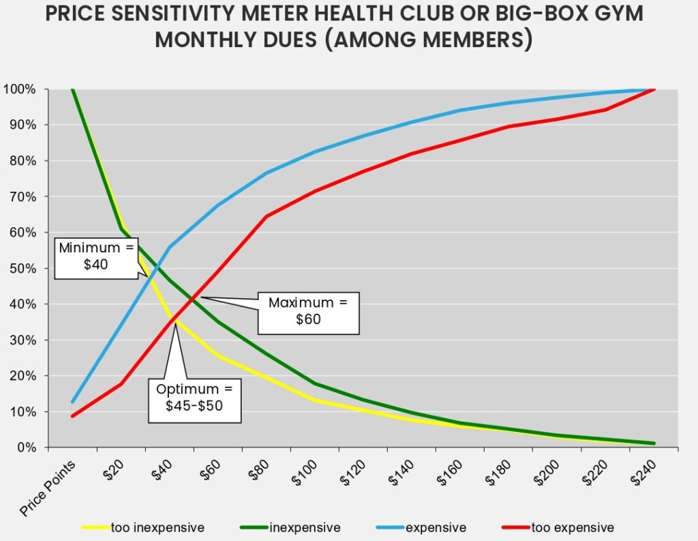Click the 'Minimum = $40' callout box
[x=95, y=257]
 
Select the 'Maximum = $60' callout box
[x=307, y=311]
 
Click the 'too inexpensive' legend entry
[x=157, y=527]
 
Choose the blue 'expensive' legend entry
[x=435, y=527]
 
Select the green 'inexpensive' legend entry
[x=304, y=527]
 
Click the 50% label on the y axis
[x=22, y=268]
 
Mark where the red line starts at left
[x=72, y=416]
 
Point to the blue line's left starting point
[x=72, y=401]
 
